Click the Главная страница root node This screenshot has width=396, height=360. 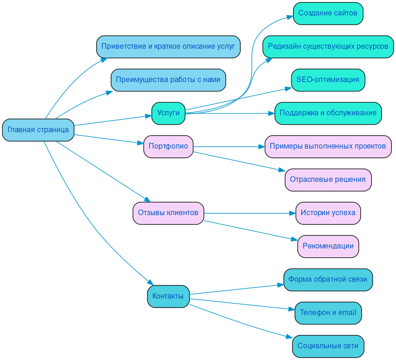click(38, 130)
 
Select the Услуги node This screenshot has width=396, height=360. click(168, 113)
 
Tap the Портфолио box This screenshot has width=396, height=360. click(168, 146)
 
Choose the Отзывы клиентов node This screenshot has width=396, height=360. click(168, 213)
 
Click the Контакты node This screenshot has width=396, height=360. click(168, 296)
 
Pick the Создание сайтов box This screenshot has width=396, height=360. click(328, 13)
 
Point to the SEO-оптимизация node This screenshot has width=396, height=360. click(328, 80)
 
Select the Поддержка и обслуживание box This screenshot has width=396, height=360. click(328, 113)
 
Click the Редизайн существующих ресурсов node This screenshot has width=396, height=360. click(328, 46)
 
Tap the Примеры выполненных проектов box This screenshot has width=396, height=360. click(328, 146)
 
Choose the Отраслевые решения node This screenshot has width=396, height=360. click(328, 180)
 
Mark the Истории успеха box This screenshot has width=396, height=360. click(328, 213)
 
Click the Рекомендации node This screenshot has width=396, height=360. click(328, 246)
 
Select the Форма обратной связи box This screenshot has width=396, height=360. click(328, 279)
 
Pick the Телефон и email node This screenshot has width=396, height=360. click(328, 313)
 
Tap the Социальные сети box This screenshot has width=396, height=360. click(328, 346)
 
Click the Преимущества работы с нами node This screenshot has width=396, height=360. click(168, 80)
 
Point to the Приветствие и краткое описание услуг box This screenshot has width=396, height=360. click(168, 46)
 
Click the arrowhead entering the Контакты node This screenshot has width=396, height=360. click(151, 282)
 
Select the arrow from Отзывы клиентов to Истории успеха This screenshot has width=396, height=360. click(249, 213)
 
